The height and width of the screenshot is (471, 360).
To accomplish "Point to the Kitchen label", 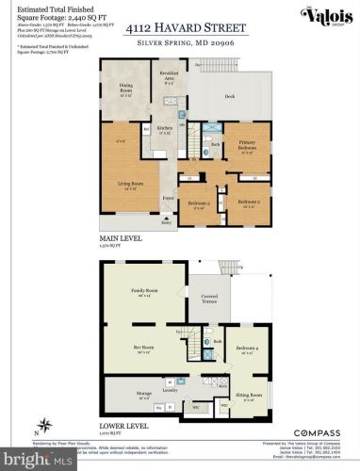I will coord(164,129).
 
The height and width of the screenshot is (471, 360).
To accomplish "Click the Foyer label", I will coord(168,198).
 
